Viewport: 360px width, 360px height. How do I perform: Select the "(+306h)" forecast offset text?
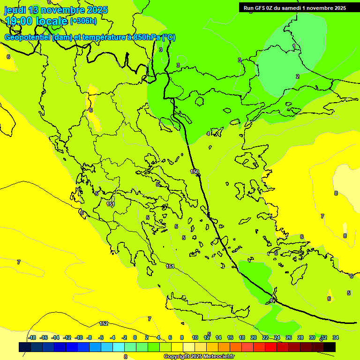pyautogui.click(x=83, y=21)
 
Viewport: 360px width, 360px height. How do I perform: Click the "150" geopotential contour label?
pyautogui.click(x=195, y=172)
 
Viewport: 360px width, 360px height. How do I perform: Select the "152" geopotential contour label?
pyautogui.click(x=104, y=323)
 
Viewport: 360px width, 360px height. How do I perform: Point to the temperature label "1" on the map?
pyautogui.click(x=294, y=46)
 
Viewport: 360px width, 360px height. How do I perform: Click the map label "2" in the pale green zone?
pyautogui.click(x=297, y=76)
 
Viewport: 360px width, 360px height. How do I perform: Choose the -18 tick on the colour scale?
pyautogui.click(x=32, y=337)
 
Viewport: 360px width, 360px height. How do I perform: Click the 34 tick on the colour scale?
pyautogui.click(x=335, y=337)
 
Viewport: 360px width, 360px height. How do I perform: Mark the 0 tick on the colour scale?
pyautogui.click(x=135, y=337)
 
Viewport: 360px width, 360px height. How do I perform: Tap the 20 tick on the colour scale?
pyautogui.click(x=253, y=337)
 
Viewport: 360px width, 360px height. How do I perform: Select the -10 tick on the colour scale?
pyautogui.click(x=79, y=337)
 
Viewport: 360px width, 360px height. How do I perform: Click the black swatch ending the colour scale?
pyautogui.click(x=329, y=347)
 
